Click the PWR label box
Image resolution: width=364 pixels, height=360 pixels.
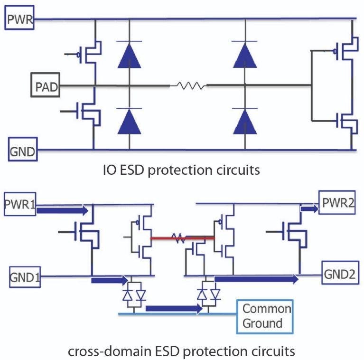pos(19,19)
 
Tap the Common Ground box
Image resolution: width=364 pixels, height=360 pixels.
pos(266,316)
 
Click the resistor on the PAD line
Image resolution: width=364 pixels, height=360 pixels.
pos(190,86)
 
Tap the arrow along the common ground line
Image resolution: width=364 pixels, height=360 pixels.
pos(174,309)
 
